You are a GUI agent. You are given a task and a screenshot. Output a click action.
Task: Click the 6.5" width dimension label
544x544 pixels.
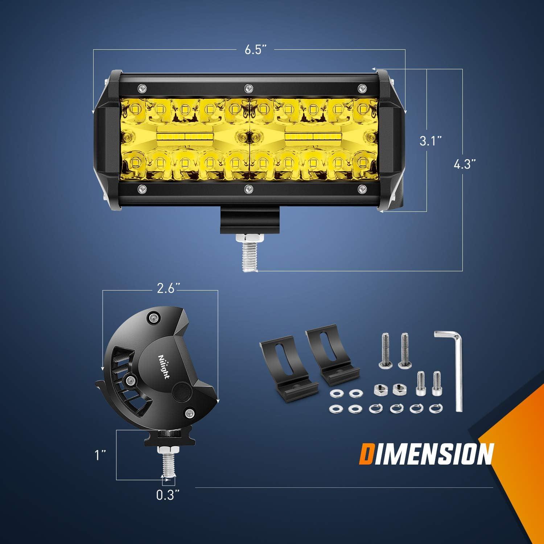(258, 50)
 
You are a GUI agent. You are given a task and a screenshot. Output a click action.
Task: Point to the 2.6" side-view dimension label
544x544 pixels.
(169, 289)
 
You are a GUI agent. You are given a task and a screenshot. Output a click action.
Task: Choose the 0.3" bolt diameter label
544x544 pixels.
(168, 495)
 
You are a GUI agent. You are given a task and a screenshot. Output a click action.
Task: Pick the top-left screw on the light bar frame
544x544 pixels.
(142, 88)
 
